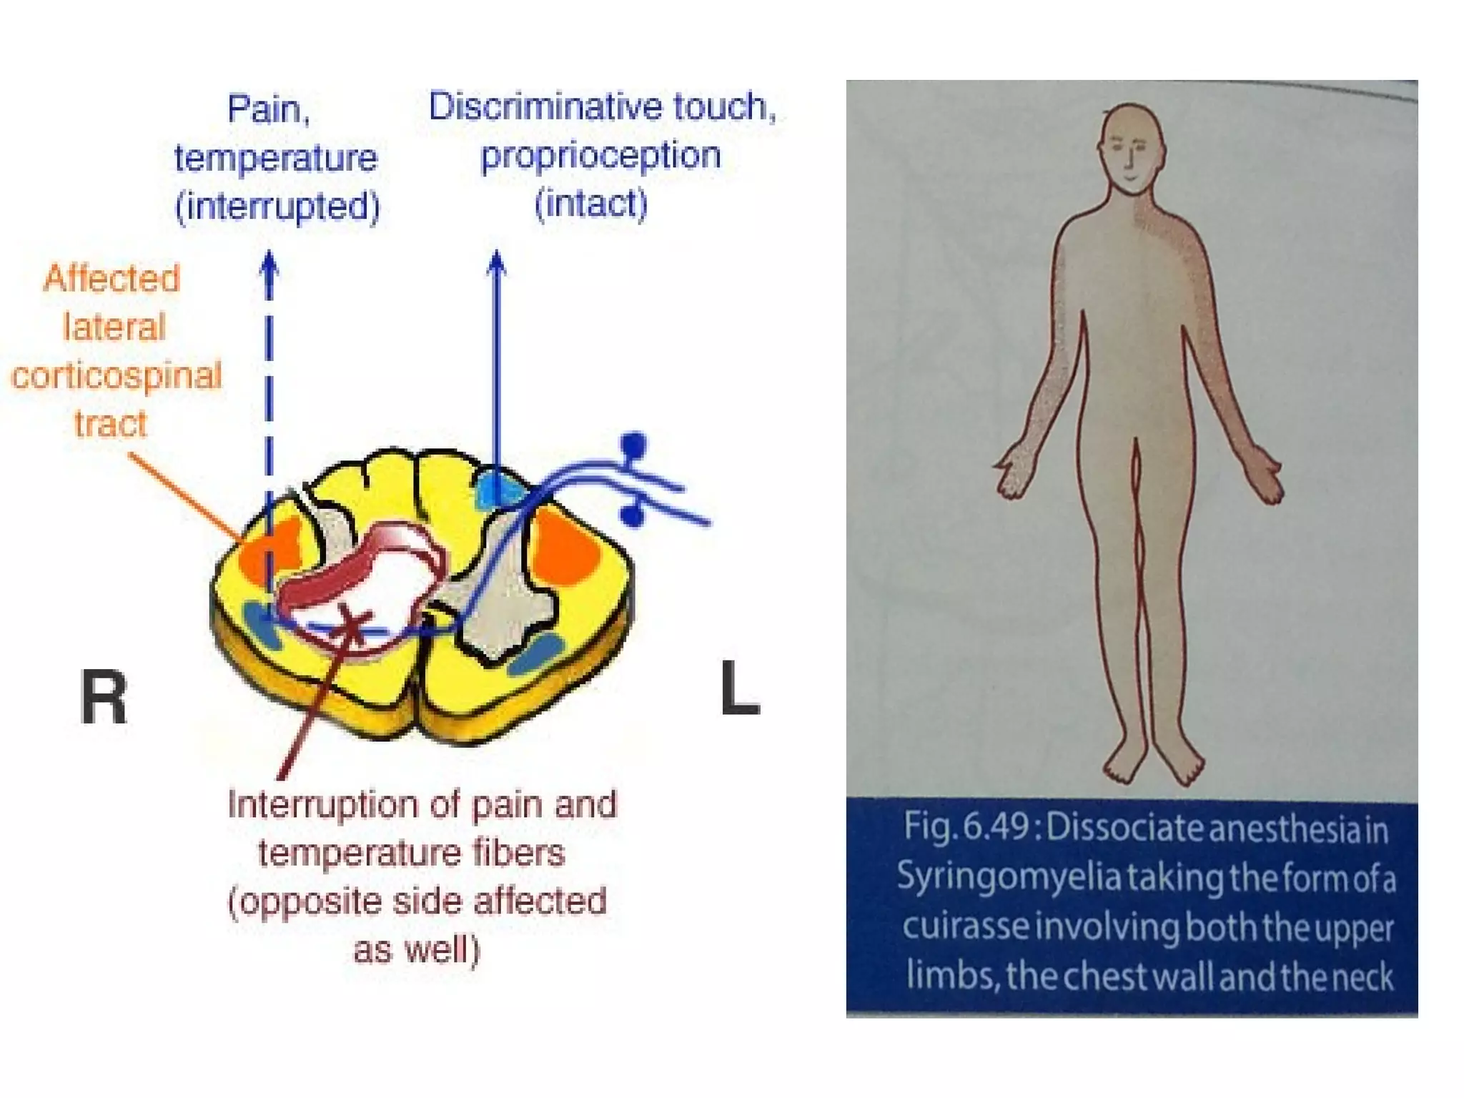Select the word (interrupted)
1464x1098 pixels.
tap(277, 207)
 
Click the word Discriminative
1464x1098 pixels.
tap(547, 107)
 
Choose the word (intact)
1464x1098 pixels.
tap(591, 204)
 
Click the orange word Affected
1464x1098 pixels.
tap(112, 278)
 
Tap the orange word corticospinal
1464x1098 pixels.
tap(117, 376)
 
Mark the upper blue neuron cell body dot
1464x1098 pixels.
tap(633, 445)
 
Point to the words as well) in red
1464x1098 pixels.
tap(417, 950)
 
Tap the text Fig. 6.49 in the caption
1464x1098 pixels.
tap(965, 828)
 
